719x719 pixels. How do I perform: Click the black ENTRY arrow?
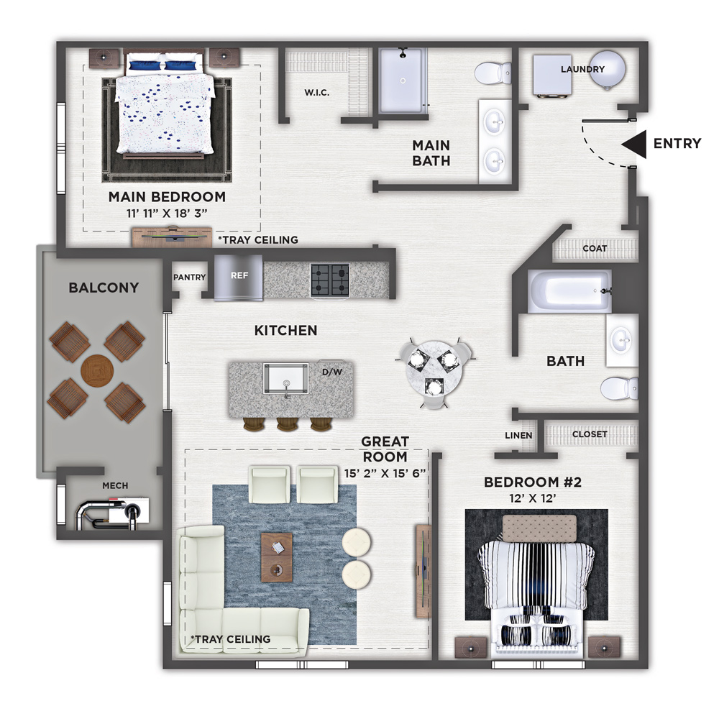pos(635,144)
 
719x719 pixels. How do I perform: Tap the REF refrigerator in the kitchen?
pos(239,278)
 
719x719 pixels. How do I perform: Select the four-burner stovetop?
pos(330,280)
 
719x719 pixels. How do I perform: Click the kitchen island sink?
pos(286,379)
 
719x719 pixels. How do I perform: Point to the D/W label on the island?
pos(332,372)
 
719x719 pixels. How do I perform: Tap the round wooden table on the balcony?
pos(97,370)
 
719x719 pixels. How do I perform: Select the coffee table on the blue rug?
pos(277,557)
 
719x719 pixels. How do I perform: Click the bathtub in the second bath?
pos(569,291)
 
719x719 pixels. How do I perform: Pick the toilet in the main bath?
pos(493,73)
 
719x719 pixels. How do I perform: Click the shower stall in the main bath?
pos(403,81)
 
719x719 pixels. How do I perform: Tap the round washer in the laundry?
pos(607,69)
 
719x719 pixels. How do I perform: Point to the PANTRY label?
pos(189,277)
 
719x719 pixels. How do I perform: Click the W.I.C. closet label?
pos(317,93)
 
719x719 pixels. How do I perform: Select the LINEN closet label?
pos(518,435)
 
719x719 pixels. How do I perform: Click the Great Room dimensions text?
pos(385,473)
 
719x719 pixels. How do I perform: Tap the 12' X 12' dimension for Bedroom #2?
pos(533,498)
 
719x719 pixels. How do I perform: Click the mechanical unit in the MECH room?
pos(112,513)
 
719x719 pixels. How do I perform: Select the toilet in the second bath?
pos(619,388)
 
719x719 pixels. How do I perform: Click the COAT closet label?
pos(595,248)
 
